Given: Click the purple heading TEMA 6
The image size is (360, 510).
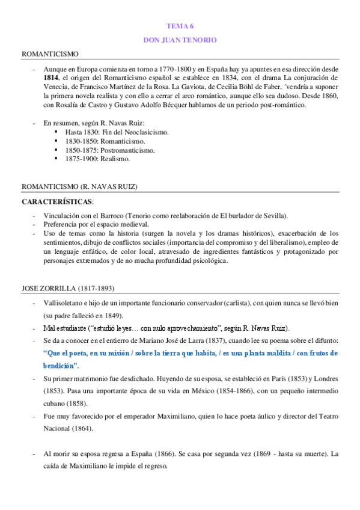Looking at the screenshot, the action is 180,26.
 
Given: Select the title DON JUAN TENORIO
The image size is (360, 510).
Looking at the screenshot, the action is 180,40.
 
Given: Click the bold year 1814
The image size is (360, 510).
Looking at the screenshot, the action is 51,78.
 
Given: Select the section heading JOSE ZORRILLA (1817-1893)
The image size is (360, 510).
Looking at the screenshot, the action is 68,288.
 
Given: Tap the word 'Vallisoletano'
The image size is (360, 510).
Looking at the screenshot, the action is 64,303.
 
